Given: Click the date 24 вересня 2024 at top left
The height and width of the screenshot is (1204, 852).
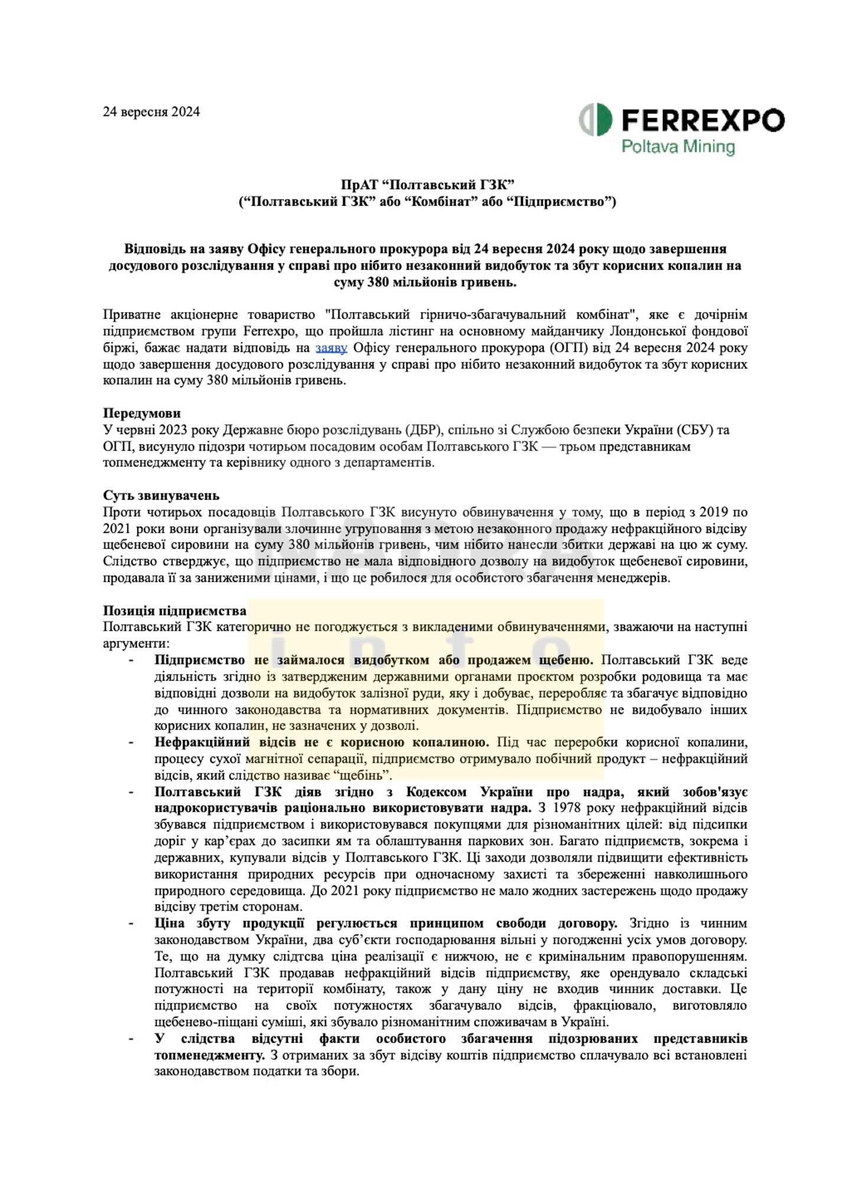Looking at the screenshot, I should [151, 112].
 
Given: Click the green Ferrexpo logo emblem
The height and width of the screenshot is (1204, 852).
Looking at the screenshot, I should [595, 120].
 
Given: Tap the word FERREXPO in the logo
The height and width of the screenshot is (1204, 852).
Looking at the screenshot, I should [703, 120].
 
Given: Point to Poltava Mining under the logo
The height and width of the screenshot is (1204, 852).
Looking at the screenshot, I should [678, 146].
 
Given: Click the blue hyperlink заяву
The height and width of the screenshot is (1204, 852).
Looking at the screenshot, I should [331, 348].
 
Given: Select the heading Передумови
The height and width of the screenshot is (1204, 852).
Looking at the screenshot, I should [142, 413].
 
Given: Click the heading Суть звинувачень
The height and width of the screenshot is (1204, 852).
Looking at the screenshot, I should [161, 495].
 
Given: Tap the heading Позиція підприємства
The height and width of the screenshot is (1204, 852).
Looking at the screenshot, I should [175, 610].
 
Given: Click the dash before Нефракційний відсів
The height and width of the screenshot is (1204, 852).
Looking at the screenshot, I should [131, 742].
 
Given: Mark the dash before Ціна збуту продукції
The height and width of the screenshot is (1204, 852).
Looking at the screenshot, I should [131, 924].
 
